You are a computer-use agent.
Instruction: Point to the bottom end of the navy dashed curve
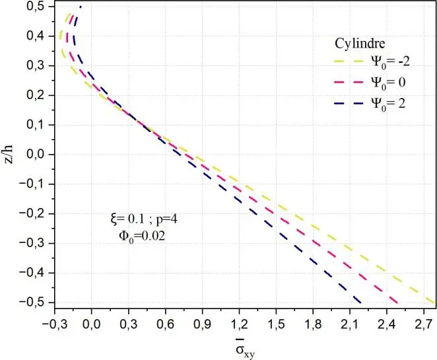[x=361, y=302]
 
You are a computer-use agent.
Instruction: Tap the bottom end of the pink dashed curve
[x=399, y=302]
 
